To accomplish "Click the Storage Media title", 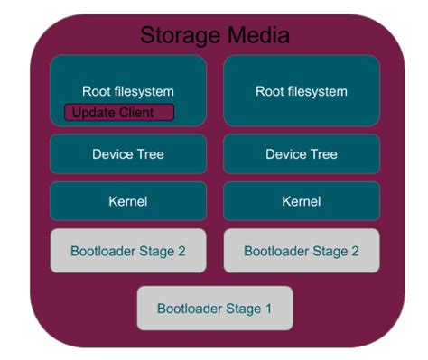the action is tap(214, 35).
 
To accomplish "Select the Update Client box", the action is tap(119, 113).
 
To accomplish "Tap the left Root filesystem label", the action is tap(127, 91).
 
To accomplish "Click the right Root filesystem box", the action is tap(301, 91).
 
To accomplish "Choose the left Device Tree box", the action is tap(127, 154).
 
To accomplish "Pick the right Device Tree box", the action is tap(301, 154).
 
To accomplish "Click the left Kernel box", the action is tap(127, 201).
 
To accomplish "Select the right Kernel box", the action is tap(301, 201).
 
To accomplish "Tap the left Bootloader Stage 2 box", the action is tap(127, 251).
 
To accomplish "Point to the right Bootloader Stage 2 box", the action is tap(301, 251).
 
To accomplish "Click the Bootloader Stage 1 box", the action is tap(214, 309).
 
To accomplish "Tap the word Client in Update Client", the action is tap(135, 113).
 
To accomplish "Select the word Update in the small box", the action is tap(93, 113).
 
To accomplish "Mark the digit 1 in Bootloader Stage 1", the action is tap(267, 309).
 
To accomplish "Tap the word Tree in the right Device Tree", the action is tap(323, 154).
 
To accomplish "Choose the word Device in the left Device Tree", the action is tap(113, 154).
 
